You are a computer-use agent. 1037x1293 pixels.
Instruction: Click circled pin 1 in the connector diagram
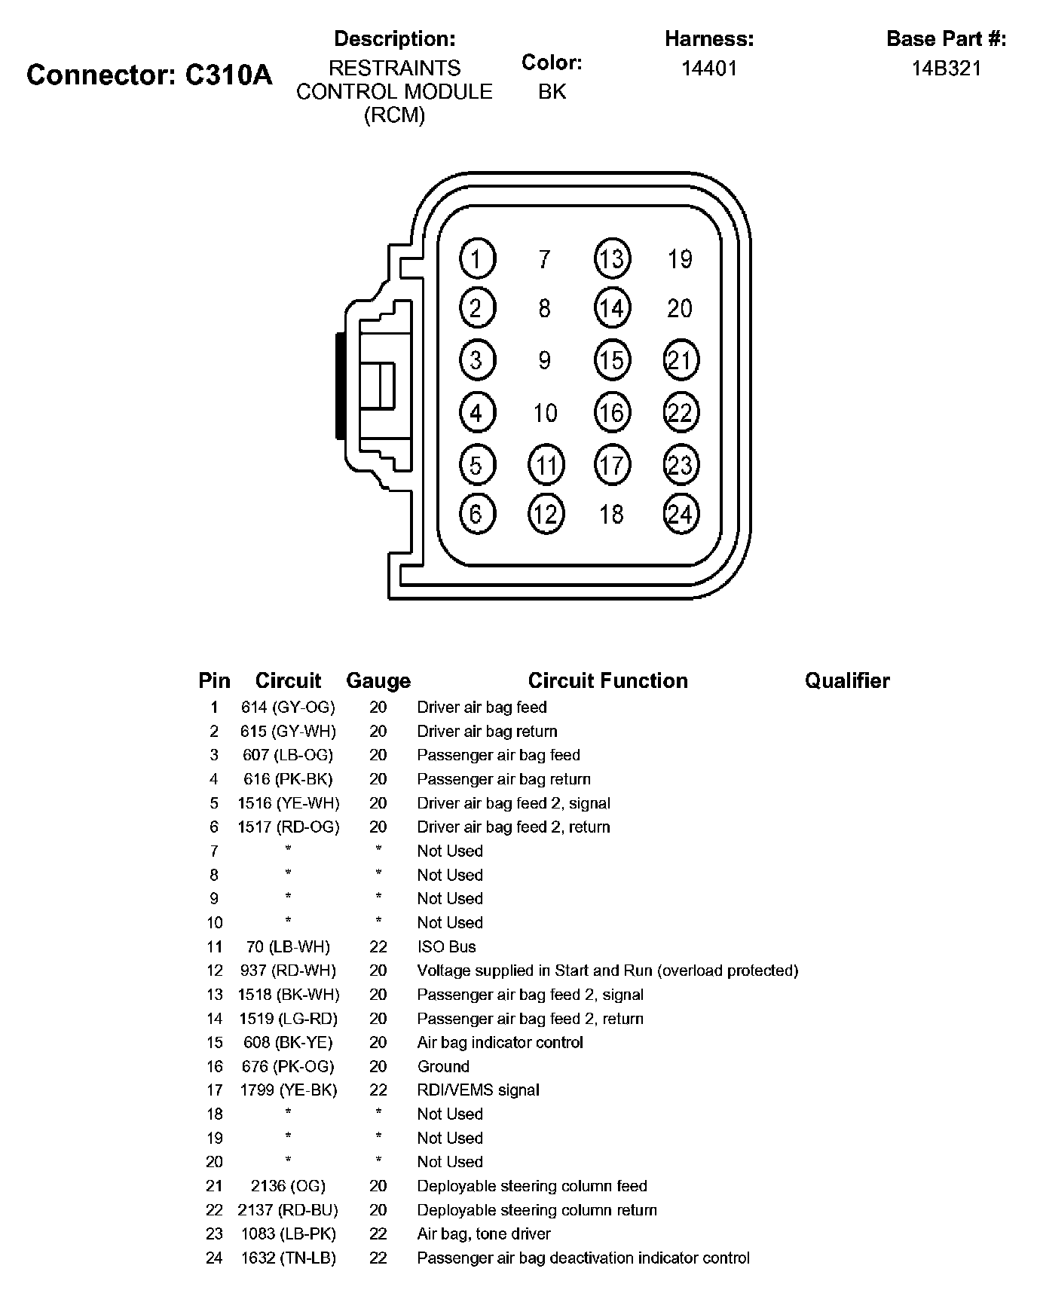[x=477, y=258]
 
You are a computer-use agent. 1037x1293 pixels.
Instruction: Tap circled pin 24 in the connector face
[x=681, y=514]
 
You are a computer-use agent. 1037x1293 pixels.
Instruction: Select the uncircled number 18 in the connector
[x=611, y=514]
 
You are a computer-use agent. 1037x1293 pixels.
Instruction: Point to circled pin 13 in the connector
[x=612, y=258]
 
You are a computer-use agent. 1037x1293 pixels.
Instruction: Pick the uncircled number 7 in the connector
[x=544, y=259]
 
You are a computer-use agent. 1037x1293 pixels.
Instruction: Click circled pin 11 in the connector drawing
[x=546, y=465]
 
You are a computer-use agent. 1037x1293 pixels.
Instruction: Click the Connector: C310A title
[x=149, y=75]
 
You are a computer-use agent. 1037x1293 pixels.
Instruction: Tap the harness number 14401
[x=709, y=69]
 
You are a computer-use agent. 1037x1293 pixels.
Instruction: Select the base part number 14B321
[x=946, y=69]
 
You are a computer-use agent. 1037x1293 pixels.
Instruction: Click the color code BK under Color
[x=552, y=91]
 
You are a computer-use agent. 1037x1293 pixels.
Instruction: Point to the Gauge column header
[x=378, y=681]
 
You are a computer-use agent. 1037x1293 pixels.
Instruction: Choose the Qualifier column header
[x=847, y=681]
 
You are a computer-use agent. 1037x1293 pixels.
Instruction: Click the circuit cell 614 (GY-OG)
[x=288, y=708]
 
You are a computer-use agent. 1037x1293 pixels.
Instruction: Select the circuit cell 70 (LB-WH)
[x=288, y=947]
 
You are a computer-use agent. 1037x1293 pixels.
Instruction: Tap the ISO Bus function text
[x=446, y=947]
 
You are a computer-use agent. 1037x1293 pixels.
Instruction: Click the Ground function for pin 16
[x=443, y=1067]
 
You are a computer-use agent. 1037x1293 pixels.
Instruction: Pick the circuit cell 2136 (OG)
[x=288, y=1186]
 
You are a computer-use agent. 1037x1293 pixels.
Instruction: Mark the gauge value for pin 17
[x=378, y=1090]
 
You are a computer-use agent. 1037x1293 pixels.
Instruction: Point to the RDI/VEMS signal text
[x=479, y=1090]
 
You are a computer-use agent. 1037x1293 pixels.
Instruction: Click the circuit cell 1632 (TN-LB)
[x=288, y=1258]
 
